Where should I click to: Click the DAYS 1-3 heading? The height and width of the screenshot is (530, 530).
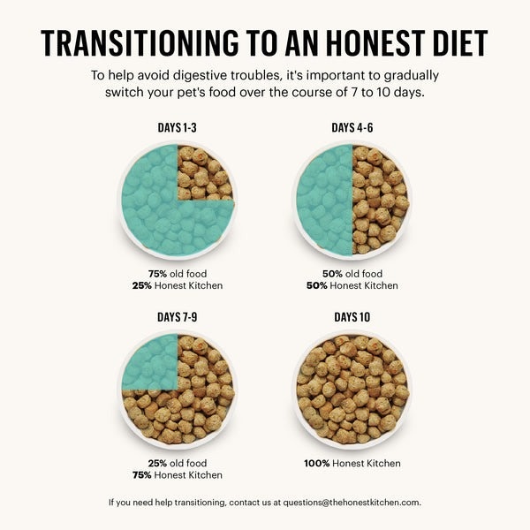[x=177, y=128]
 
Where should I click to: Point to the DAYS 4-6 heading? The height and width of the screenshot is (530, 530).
[x=352, y=128]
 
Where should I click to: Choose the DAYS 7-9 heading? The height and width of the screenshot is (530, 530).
[x=177, y=317]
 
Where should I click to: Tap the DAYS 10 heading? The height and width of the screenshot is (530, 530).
[x=352, y=317]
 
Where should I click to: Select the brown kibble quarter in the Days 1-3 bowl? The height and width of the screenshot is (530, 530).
[x=206, y=172]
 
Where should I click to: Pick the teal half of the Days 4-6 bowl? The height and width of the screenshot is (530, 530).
[x=323, y=201]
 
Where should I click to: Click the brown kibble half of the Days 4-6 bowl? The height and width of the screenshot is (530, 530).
[x=381, y=201]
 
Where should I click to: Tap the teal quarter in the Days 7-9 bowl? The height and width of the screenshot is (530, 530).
[x=150, y=361]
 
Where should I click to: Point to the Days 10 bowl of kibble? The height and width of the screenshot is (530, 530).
[x=352, y=389]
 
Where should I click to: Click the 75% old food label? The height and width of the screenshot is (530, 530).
[x=178, y=274]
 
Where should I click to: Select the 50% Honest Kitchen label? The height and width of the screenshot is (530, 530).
[x=352, y=286]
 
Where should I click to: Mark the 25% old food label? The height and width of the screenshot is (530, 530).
[x=178, y=463]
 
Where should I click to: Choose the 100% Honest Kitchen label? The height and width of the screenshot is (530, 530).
[x=352, y=463]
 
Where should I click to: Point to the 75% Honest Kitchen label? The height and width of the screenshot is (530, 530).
[x=178, y=475]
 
